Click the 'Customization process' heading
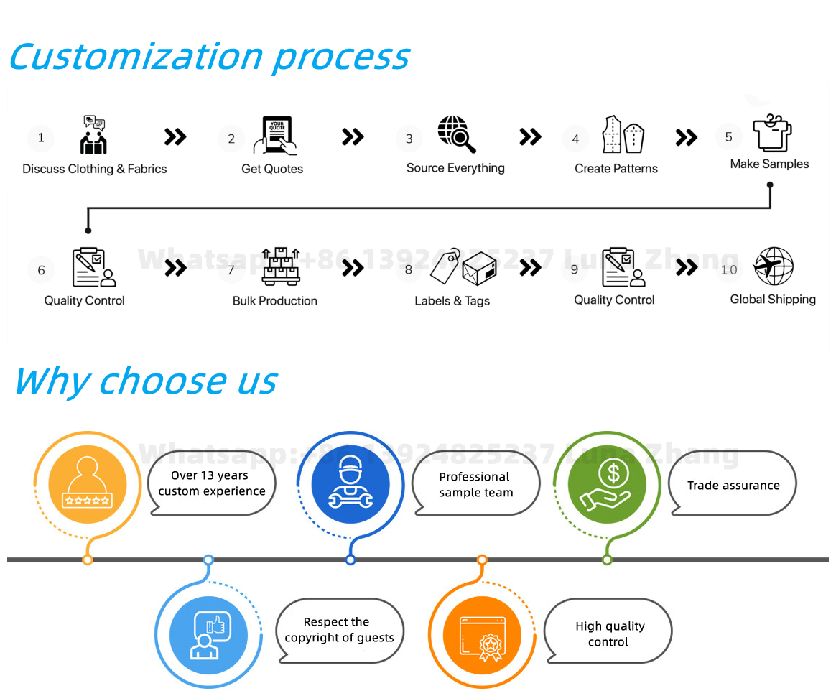209,57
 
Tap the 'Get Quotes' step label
272,169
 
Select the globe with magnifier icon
457,134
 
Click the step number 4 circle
575,139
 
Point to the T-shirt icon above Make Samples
772,132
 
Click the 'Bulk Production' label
275,301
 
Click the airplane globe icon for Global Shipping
773,266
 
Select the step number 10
729,270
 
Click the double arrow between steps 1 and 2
175,136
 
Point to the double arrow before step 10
687,268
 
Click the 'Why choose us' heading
146,381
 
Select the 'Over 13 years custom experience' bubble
212,483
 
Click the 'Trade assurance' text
733,486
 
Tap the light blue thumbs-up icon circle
208,634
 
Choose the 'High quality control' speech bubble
609,634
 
